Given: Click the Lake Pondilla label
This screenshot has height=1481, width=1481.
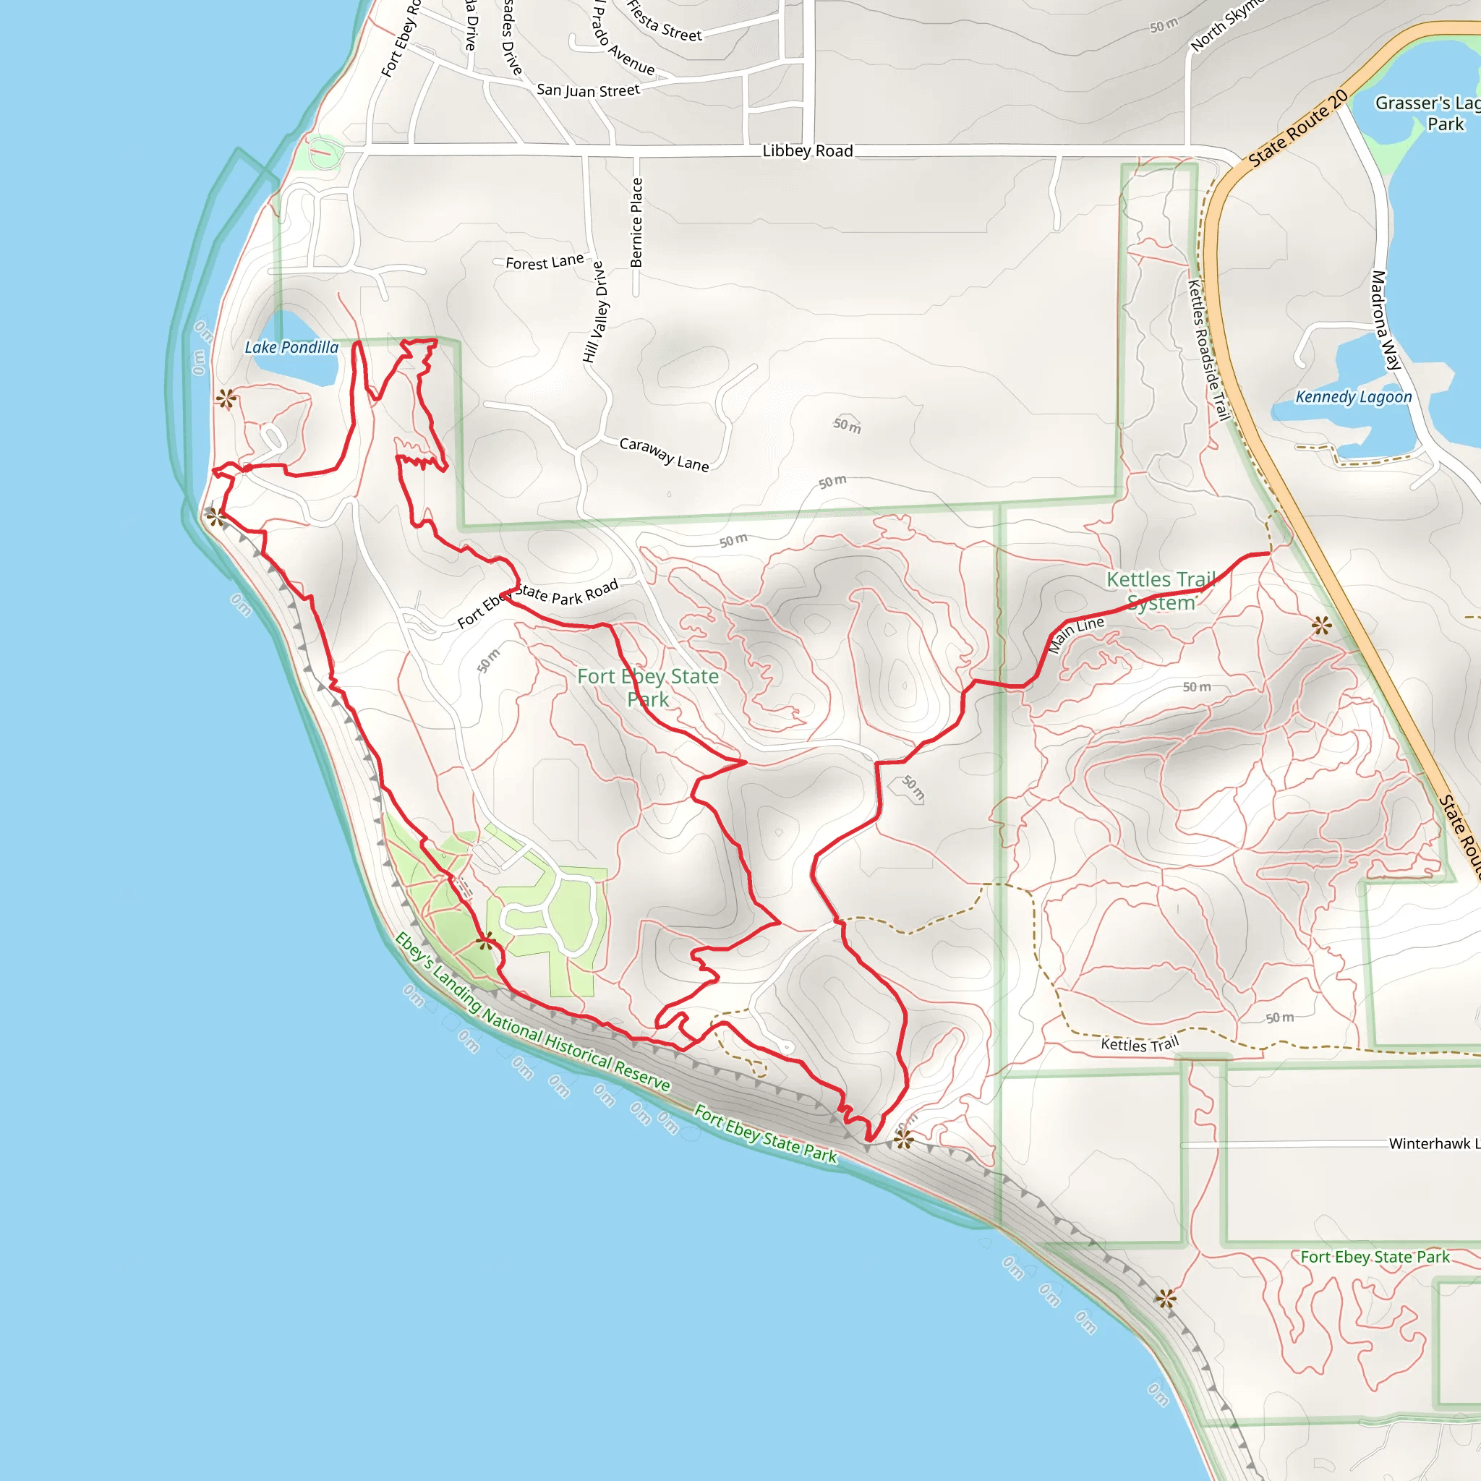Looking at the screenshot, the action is tap(291, 347).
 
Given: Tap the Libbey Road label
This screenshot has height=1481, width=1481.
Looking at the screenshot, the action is tap(807, 151).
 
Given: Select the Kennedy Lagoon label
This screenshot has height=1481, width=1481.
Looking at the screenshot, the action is tap(1353, 397).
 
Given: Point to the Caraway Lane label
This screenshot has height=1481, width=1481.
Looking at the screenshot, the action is tap(664, 454).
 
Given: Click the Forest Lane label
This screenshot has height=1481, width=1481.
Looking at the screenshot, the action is tap(545, 263).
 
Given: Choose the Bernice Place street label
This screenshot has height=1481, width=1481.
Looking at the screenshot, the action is tap(636, 222).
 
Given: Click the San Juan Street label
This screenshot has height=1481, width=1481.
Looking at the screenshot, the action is tap(588, 90).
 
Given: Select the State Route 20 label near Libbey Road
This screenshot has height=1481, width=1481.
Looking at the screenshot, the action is tap(1298, 127).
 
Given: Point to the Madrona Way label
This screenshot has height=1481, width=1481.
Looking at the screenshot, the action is tap(1386, 320).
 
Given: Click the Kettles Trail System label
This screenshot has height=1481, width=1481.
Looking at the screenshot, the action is tap(1161, 591).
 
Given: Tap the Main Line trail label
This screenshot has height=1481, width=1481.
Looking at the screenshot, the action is tap(1076, 633).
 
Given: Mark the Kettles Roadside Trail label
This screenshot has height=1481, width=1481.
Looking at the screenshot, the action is tap(1209, 349).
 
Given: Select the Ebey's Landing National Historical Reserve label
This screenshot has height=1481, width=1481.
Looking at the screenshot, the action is tap(533, 1012).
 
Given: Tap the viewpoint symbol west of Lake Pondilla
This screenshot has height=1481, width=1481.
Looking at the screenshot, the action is tap(226, 398).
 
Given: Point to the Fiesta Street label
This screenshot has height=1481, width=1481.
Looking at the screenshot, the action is tap(664, 21).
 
